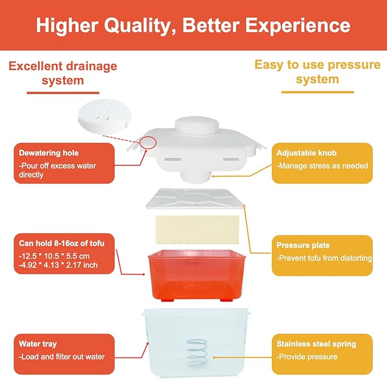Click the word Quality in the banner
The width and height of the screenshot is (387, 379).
pos(137,26)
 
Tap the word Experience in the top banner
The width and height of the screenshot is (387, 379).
pos(298,26)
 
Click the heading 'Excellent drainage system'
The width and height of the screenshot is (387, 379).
pos(63,73)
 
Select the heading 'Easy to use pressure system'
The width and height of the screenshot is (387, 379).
pos(317,72)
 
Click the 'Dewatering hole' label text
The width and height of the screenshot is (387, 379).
pos(48,153)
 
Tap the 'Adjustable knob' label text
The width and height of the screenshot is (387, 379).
pos(306,153)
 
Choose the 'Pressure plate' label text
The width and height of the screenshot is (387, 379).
pos(303,245)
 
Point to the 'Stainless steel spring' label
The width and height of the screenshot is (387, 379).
pos(316,344)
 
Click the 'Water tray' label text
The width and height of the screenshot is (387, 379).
pos(38,344)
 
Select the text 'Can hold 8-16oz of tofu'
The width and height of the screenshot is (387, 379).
pos(62,243)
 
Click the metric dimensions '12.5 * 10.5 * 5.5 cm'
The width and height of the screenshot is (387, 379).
pos(54,256)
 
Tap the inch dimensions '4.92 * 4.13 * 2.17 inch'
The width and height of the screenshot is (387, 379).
pos(58,265)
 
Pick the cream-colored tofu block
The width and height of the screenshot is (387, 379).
pos(197,230)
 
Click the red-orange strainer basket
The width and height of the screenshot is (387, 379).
pos(197,275)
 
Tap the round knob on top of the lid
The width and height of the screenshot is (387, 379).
pos(197,126)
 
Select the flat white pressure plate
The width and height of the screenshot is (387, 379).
pos(195,199)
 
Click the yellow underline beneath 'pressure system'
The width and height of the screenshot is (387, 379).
pos(317,92)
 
